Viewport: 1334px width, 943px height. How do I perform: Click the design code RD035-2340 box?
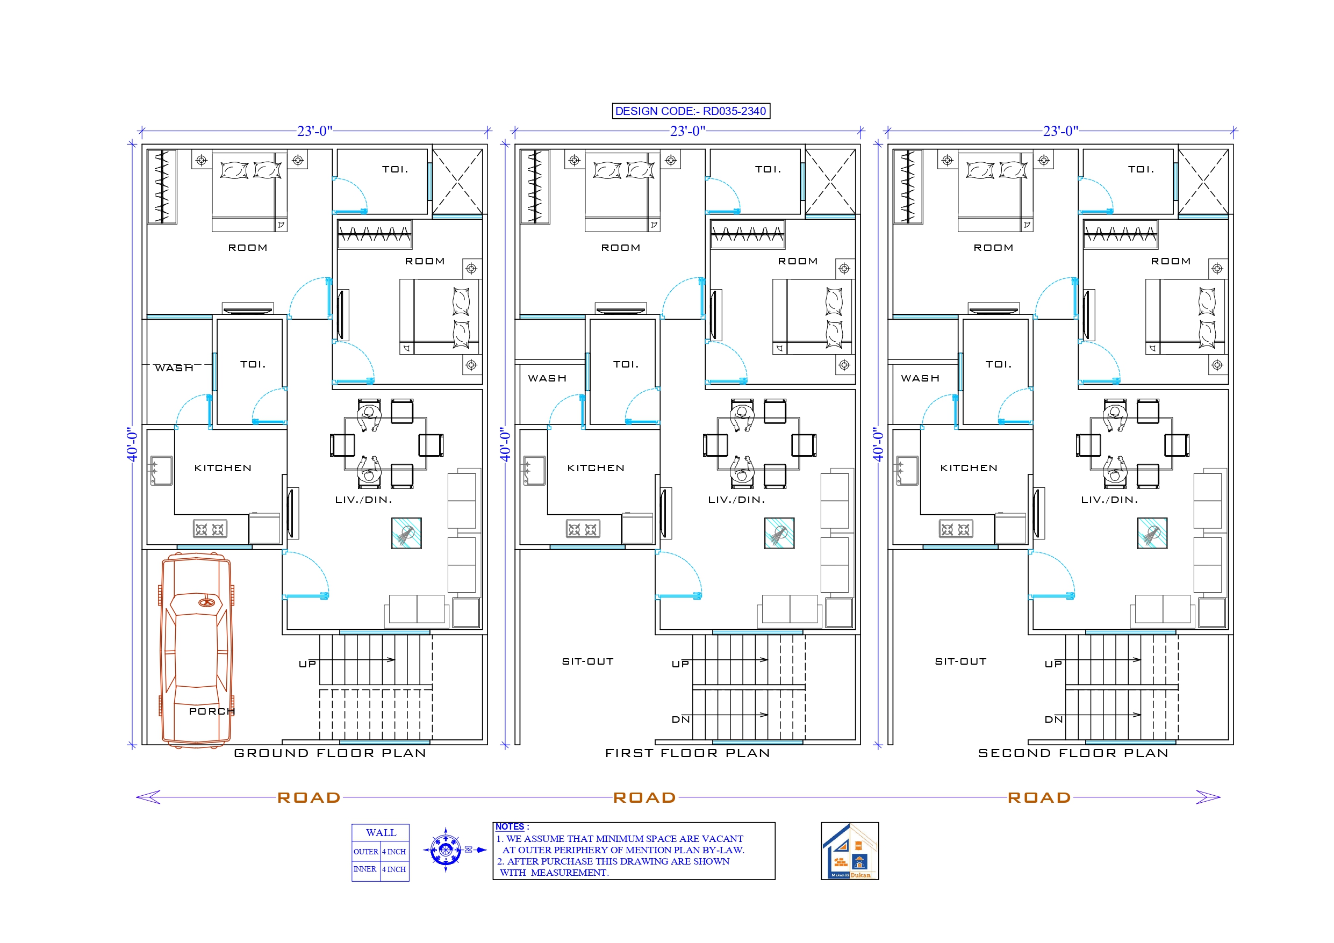click(691, 111)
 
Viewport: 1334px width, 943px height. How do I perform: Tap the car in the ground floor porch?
click(196, 650)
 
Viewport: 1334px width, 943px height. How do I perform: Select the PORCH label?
click(211, 711)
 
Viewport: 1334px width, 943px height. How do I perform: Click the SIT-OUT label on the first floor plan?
click(587, 661)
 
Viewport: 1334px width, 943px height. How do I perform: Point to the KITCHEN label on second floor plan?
click(969, 467)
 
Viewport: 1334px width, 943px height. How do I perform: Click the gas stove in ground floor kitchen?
click(210, 529)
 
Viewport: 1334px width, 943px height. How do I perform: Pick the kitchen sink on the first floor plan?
click(534, 470)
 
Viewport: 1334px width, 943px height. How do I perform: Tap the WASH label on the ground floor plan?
click(174, 368)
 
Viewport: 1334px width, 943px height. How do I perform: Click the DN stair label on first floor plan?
click(680, 719)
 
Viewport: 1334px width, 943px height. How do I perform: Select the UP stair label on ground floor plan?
click(307, 664)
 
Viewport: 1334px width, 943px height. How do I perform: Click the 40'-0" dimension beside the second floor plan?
click(877, 444)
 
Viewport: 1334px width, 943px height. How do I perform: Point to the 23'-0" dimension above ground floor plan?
click(314, 131)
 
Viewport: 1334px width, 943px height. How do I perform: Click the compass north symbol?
click(446, 850)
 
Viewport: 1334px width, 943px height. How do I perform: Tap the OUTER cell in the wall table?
click(365, 852)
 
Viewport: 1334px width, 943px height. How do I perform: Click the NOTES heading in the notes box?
click(510, 826)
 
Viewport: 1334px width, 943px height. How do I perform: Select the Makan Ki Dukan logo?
click(849, 851)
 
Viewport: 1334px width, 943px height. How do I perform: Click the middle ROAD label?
click(644, 797)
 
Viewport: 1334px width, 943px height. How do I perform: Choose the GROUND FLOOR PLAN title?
click(330, 753)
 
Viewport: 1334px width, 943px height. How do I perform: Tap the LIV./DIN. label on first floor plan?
click(736, 500)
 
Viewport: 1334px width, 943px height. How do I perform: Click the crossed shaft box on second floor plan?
click(1203, 181)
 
